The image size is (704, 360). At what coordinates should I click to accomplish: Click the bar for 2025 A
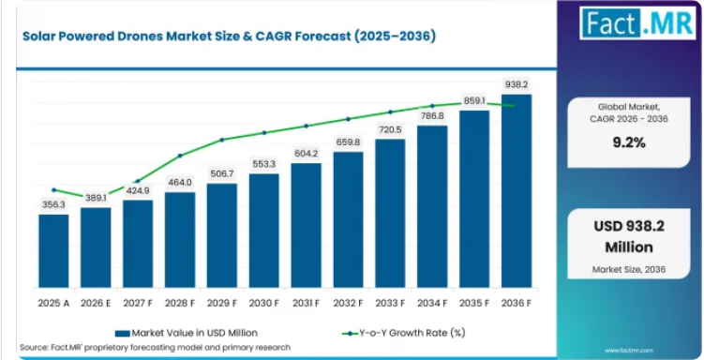pos(53,251)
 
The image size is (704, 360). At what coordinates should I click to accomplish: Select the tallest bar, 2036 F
pos(517,190)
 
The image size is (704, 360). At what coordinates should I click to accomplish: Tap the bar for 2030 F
pos(264,231)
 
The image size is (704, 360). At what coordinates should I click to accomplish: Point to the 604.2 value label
pos(306,154)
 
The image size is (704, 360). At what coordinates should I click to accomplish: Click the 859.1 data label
pos(474,101)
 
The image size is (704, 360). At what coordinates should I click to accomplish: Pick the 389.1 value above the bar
pos(96,198)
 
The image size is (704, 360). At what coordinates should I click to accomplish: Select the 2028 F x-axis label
pos(180,303)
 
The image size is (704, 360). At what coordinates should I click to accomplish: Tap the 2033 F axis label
pos(390,303)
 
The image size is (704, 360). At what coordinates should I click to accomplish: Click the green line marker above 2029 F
pos(222,140)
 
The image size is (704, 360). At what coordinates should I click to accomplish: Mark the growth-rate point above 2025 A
pos(53,190)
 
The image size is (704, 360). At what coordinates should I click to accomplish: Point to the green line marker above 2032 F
pos(348,119)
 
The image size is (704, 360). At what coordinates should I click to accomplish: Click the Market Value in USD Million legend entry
pos(187,333)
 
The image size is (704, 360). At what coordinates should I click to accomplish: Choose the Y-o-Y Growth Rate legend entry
pos(403,333)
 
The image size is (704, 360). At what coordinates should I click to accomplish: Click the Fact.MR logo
pos(637,22)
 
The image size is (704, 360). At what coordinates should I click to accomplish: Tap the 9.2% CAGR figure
pos(629,142)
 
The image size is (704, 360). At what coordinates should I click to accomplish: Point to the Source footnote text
pos(156,348)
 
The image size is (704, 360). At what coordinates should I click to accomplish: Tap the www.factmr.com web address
pos(629,350)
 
